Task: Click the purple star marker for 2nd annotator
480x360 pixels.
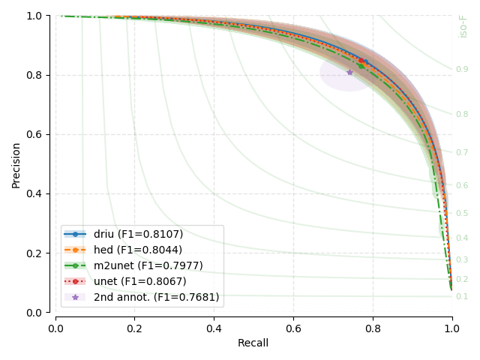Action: [x=349, y=72]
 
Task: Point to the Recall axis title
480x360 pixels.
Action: [x=253, y=343]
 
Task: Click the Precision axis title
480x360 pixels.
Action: [x=16, y=163]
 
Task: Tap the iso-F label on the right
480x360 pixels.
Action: [x=463, y=25]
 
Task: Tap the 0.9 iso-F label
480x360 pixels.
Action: [x=462, y=70]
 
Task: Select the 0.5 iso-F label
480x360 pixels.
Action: [x=462, y=214]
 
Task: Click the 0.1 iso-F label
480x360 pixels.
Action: [x=462, y=297]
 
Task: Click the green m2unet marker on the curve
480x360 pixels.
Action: [x=361, y=66]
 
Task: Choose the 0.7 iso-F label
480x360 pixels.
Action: [x=462, y=153]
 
